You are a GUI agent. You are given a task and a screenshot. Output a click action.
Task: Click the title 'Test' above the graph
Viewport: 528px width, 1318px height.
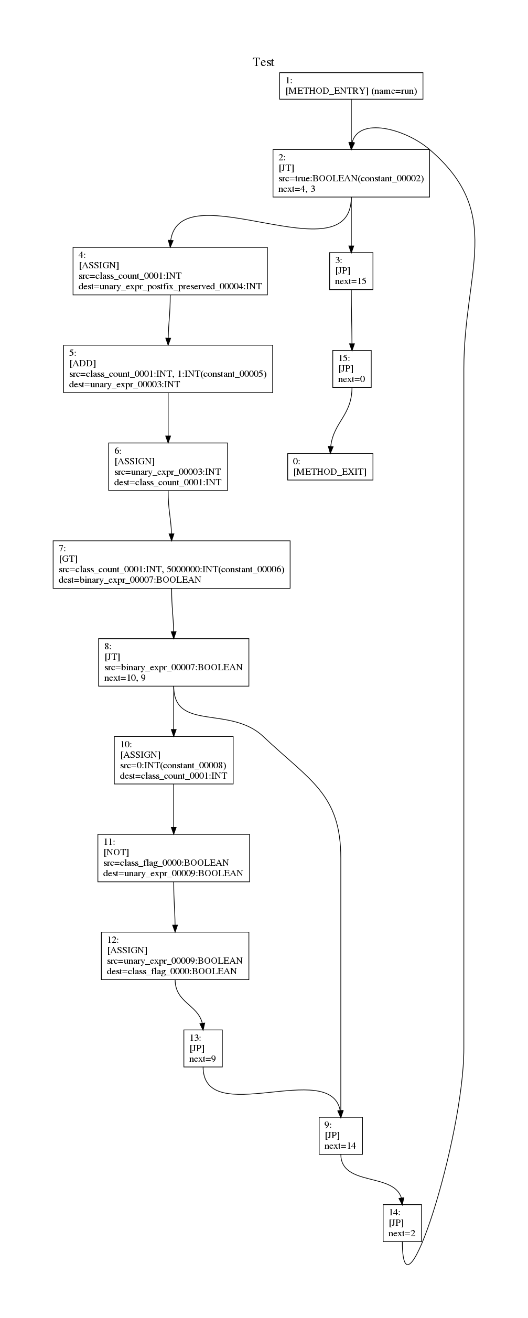263,62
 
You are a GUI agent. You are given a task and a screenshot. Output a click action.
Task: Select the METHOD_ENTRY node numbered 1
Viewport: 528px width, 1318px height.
351,86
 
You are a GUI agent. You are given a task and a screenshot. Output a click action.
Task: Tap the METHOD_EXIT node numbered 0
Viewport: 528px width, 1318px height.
330,466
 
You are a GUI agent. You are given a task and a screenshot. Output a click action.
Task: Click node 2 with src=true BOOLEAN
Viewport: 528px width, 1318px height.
351,173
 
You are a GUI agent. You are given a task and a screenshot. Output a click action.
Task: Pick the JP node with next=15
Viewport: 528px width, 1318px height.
351,271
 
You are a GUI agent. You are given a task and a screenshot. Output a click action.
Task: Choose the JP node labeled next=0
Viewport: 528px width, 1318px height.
351,369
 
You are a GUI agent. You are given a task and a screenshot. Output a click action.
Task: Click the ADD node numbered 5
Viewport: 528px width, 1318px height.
168,369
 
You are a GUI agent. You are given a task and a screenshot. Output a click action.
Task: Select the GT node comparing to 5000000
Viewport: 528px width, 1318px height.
171,564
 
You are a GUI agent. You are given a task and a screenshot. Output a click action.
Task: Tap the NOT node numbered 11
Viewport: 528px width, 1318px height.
173,858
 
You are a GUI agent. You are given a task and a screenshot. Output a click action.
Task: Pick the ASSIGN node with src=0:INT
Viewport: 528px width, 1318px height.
173,760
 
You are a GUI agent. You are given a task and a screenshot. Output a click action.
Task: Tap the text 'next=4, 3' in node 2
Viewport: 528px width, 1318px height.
297,189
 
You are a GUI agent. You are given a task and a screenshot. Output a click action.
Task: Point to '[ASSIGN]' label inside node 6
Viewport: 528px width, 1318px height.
134,461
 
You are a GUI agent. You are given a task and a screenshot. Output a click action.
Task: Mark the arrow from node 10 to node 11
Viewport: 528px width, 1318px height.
174,809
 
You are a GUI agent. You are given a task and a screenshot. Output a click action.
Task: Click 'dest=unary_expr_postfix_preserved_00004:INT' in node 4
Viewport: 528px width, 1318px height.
169,287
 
